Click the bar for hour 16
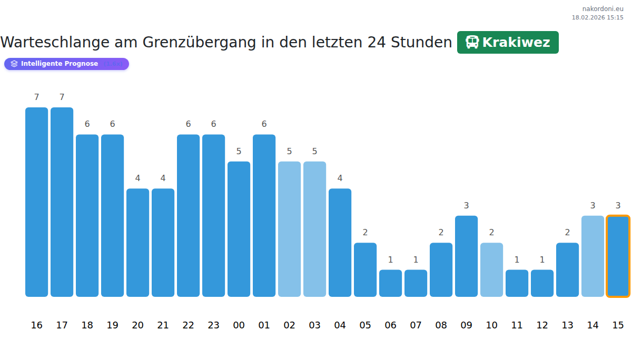pyautogui.click(x=37, y=202)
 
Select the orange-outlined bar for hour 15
pyautogui.click(x=618, y=256)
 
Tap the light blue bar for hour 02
pyautogui.click(x=289, y=229)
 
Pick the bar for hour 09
pyautogui.click(x=466, y=256)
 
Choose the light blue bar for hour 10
pyautogui.click(x=491, y=269)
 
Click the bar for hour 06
pyautogui.click(x=390, y=283)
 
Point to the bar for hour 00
pyautogui.click(x=239, y=229)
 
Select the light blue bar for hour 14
pyautogui.click(x=592, y=256)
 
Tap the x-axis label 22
pyautogui.click(x=188, y=325)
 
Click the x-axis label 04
pyautogui.click(x=340, y=325)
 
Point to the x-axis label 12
pyautogui.click(x=542, y=325)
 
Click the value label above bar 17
pyautogui.click(x=62, y=97)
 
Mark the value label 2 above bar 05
pyautogui.click(x=365, y=232)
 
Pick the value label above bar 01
pyautogui.click(x=264, y=124)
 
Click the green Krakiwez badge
pyautogui.click(x=508, y=43)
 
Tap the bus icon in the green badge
pyautogui.click(x=472, y=43)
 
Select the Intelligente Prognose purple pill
pyautogui.click(x=66, y=64)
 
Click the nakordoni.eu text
pyautogui.click(x=603, y=9)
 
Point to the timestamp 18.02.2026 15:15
pyautogui.click(x=597, y=17)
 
